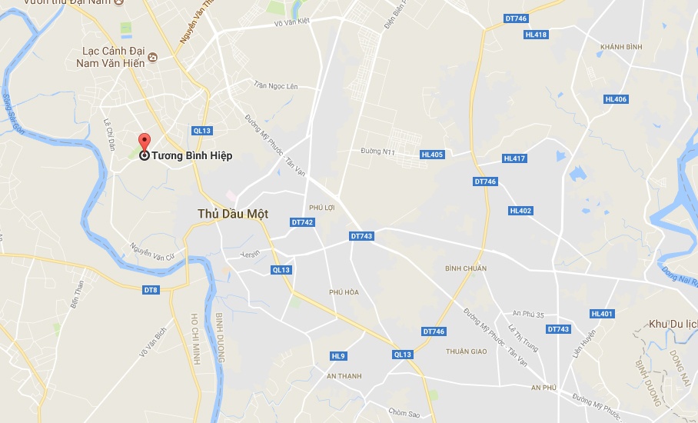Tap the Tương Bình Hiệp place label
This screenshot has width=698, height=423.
point(191,155)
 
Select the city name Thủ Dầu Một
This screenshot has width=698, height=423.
point(233,214)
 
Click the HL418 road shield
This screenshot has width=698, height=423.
point(536,35)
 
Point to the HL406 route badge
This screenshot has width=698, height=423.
point(616,99)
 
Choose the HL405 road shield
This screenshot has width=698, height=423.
point(433,155)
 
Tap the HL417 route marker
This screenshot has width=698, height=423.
point(514,158)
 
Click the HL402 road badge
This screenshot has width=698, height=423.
point(520,211)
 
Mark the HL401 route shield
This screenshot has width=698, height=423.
point(602,314)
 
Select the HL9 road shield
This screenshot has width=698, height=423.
point(339,356)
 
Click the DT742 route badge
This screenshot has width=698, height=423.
point(303,222)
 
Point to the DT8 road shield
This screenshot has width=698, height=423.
point(151,289)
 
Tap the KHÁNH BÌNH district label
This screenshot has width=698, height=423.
point(621,47)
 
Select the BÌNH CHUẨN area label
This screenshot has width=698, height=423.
point(466,268)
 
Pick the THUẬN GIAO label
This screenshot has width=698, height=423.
point(467,351)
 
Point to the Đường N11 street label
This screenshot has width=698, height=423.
point(377,152)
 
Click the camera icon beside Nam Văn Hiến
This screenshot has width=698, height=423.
point(153,57)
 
